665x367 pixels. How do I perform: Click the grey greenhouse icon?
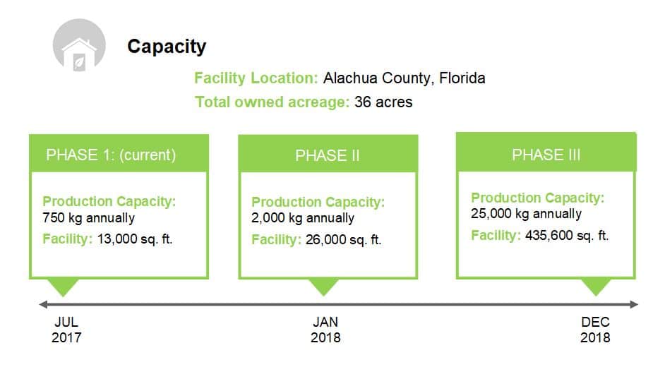click(79, 44)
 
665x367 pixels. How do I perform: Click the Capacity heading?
click(167, 47)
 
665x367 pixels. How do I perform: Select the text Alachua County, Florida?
click(405, 78)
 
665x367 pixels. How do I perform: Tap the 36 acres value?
click(383, 102)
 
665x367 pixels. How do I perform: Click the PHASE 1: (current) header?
click(111, 155)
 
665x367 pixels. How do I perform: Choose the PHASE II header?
click(328, 155)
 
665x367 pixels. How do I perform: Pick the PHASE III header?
click(546, 155)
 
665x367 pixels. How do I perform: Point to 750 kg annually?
click(89, 218)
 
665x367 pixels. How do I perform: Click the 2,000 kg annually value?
click(303, 218)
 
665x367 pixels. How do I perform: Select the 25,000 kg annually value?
click(526, 214)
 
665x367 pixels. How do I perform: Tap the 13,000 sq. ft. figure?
click(135, 239)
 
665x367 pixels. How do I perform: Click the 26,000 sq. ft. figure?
click(344, 239)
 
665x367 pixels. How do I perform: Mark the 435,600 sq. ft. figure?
click(567, 235)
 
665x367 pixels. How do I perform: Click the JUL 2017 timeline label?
click(66, 330)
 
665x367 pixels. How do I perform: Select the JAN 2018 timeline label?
click(325, 330)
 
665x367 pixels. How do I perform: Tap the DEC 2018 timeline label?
click(595, 330)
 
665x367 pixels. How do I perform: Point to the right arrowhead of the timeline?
click(634, 304)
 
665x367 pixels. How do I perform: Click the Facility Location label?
click(256, 78)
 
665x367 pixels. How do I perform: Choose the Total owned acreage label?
click(272, 102)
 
